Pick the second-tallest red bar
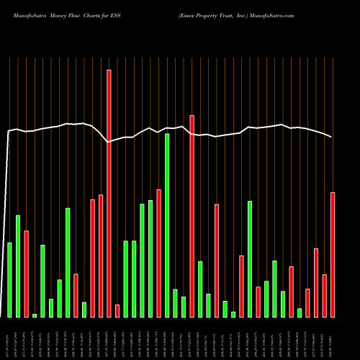pyautogui.click(x=192, y=216)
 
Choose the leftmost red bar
pyautogui.click(x=26, y=274)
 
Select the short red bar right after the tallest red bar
pyautogui.click(x=117, y=311)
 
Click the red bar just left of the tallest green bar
pyautogui.click(x=158, y=253)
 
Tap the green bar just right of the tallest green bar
pyautogui.click(x=175, y=302)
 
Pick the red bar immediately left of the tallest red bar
pyautogui.click(x=101, y=256)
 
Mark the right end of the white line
pyautogui.click(x=332, y=137)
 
